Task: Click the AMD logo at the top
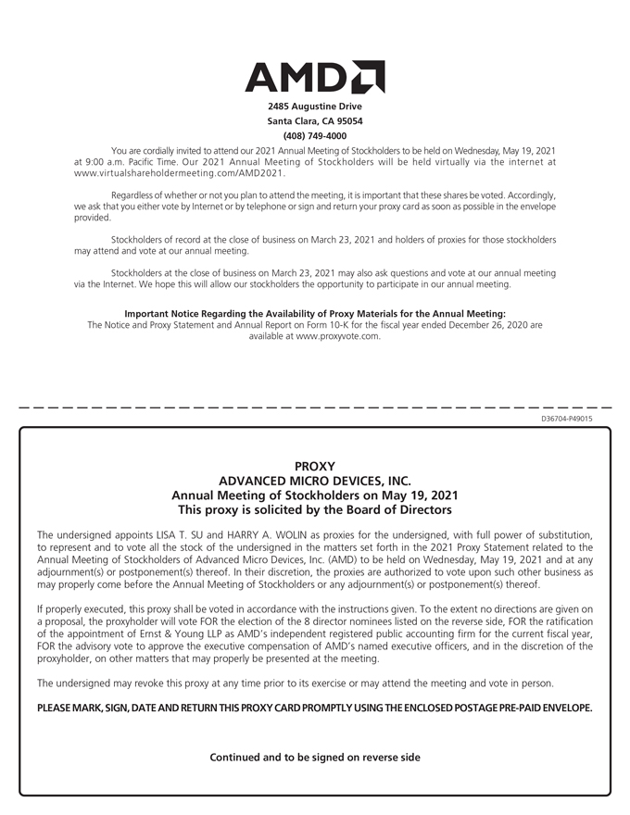(x=315, y=77)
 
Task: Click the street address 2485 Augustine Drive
(x=315, y=107)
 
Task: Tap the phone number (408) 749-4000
(x=315, y=136)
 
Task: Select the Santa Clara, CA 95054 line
(x=315, y=121)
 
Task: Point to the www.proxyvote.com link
(x=338, y=337)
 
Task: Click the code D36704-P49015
(x=566, y=419)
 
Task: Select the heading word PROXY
(x=314, y=466)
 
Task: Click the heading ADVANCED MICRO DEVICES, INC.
(x=314, y=481)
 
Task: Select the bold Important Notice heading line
(x=315, y=313)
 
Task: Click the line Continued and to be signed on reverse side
(x=315, y=758)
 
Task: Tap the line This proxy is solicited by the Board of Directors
(x=314, y=510)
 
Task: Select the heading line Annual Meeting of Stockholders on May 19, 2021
(x=314, y=495)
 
